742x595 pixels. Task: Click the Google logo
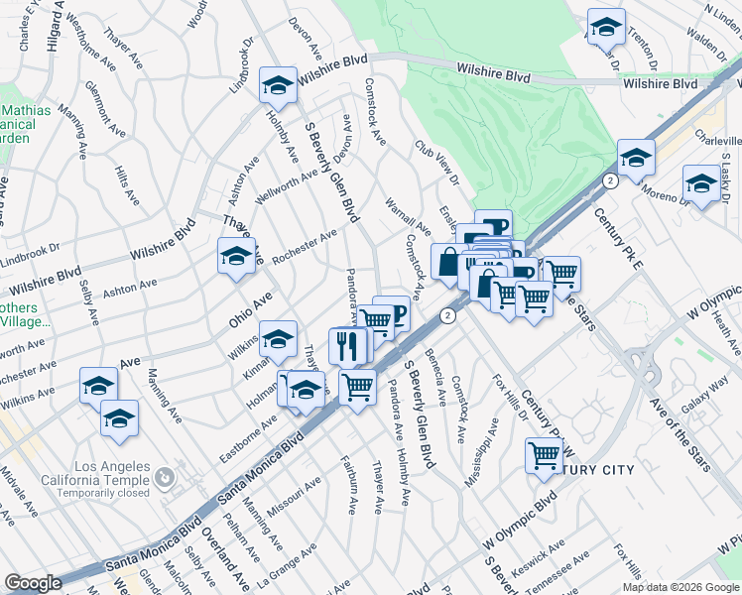(33, 583)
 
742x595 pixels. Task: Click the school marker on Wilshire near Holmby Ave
(278, 86)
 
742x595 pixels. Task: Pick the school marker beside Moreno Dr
(701, 184)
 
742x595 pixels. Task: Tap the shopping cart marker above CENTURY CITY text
(544, 455)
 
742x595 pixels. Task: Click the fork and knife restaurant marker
(346, 346)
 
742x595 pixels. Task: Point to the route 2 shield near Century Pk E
(610, 179)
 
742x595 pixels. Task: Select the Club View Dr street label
(436, 164)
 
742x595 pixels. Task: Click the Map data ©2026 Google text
(680, 587)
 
